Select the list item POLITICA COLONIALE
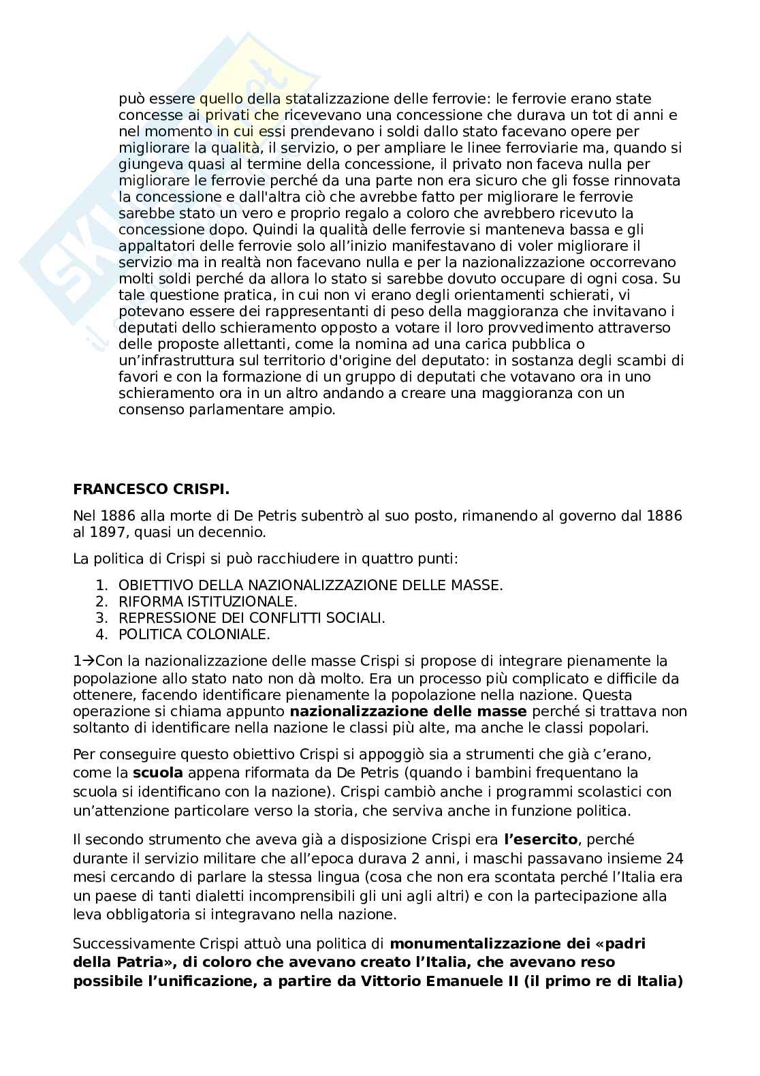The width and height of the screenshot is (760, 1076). (x=194, y=634)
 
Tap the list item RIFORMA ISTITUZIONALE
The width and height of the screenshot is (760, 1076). (x=208, y=602)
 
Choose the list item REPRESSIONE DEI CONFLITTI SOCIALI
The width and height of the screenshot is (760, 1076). (x=252, y=618)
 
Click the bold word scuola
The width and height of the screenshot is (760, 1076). (x=157, y=773)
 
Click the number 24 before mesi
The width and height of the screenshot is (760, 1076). (x=674, y=858)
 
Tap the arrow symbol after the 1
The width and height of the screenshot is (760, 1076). (x=89, y=661)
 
